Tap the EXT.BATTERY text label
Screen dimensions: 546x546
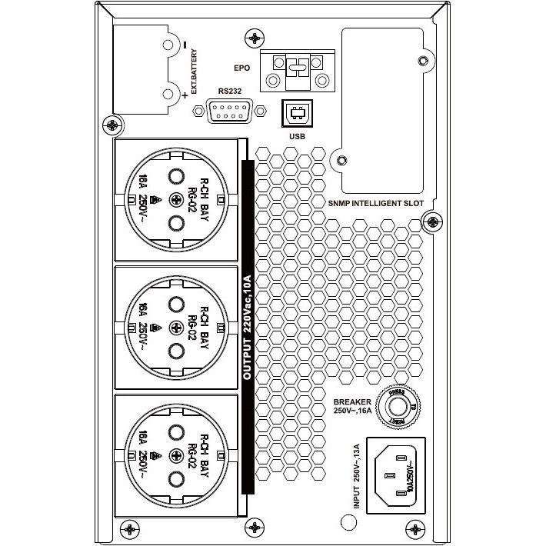point(195,72)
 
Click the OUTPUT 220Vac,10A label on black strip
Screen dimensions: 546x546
point(248,328)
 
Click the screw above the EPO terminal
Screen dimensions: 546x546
point(253,37)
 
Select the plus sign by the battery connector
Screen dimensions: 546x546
point(185,95)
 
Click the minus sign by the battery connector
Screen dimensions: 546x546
point(185,42)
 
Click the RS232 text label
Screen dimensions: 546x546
point(228,90)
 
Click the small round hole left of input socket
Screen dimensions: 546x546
point(349,522)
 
